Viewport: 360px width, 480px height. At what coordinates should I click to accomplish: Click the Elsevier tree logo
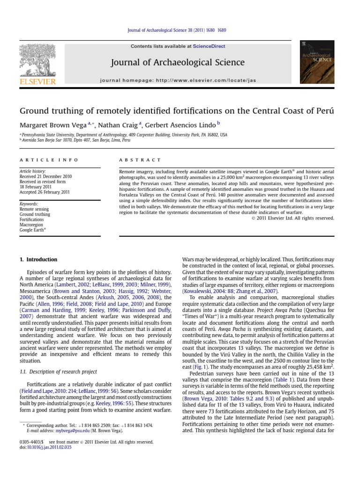[37, 61]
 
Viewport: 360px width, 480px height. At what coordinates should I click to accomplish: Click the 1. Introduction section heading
[38, 260]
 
